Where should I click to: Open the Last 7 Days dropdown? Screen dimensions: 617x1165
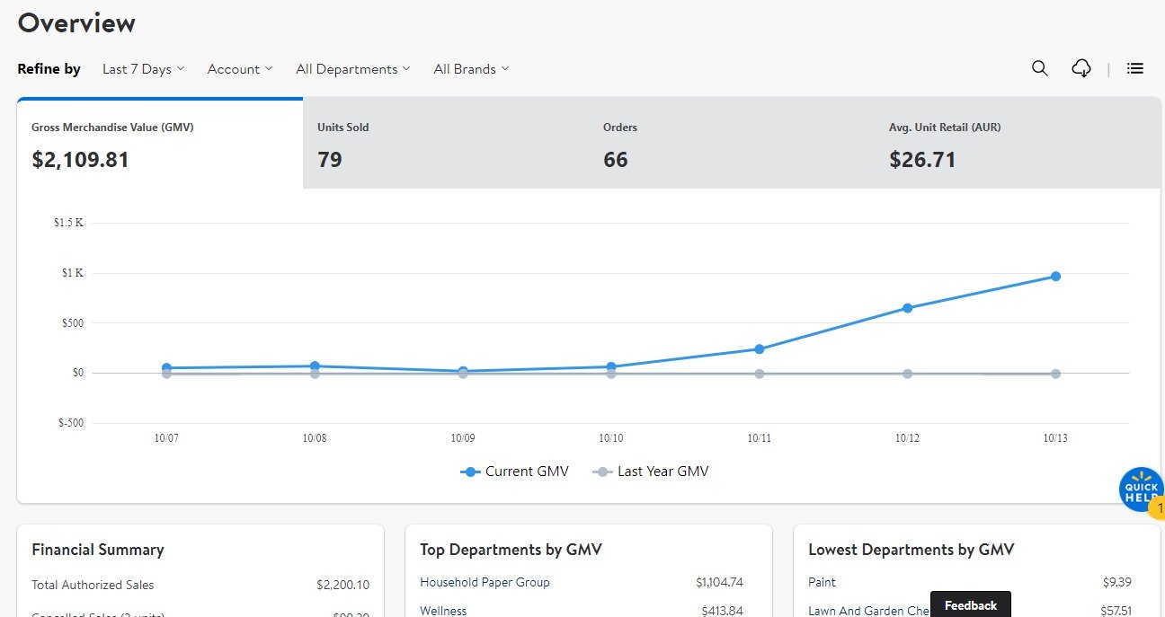[143, 69]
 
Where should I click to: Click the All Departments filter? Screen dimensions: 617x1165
[352, 69]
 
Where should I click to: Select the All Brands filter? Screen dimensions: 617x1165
[470, 69]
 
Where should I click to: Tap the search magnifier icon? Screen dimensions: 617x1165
[1039, 68]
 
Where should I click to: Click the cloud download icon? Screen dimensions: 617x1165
[1081, 68]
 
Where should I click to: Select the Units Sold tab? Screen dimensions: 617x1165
[445, 144]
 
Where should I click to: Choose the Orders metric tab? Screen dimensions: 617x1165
[731, 144]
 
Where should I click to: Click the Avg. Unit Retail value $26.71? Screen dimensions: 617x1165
[922, 160]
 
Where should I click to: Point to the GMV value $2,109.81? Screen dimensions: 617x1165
[81, 160]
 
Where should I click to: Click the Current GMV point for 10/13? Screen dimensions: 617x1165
[1055, 277]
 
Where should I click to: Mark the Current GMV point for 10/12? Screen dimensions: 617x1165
[907, 308]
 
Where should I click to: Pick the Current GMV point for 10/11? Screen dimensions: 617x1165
[760, 349]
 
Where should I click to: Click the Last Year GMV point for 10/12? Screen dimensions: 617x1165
[907, 374]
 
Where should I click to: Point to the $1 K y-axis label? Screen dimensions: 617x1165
[72, 273]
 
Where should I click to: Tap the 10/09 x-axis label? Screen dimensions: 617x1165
[463, 438]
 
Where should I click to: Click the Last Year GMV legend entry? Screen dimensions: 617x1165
[653, 472]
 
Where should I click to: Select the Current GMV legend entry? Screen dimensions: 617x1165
[516, 472]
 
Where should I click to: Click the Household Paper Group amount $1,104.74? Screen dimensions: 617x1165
[719, 582]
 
